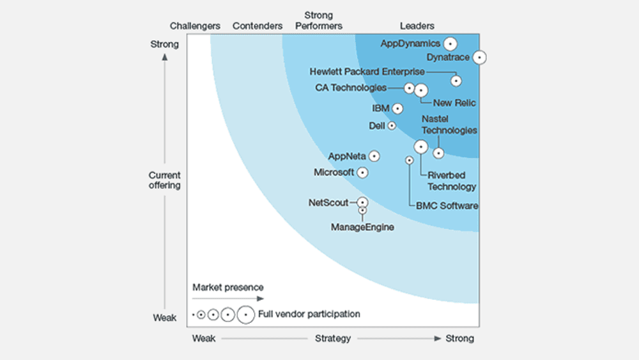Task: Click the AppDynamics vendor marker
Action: (x=450, y=43)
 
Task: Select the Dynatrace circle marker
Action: (x=479, y=58)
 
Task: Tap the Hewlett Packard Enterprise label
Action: (x=367, y=72)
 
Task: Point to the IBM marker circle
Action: (x=397, y=109)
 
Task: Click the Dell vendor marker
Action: (x=392, y=125)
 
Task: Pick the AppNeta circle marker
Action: (x=374, y=156)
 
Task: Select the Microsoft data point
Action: (x=362, y=173)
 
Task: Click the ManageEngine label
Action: (x=362, y=227)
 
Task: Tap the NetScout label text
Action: (x=328, y=203)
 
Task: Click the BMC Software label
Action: (x=447, y=206)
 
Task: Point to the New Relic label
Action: (x=454, y=103)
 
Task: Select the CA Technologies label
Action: (x=350, y=88)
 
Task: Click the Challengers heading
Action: (x=195, y=26)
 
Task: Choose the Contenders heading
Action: (x=257, y=26)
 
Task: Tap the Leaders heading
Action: (x=417, y=26)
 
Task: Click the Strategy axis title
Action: (x=332, y=338)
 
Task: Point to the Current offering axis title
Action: (x=164, y=180)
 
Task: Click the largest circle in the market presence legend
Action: (x=246, y=315)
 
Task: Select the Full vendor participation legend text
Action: (x=309, y=314)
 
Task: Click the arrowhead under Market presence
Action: (x=261, y=299)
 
